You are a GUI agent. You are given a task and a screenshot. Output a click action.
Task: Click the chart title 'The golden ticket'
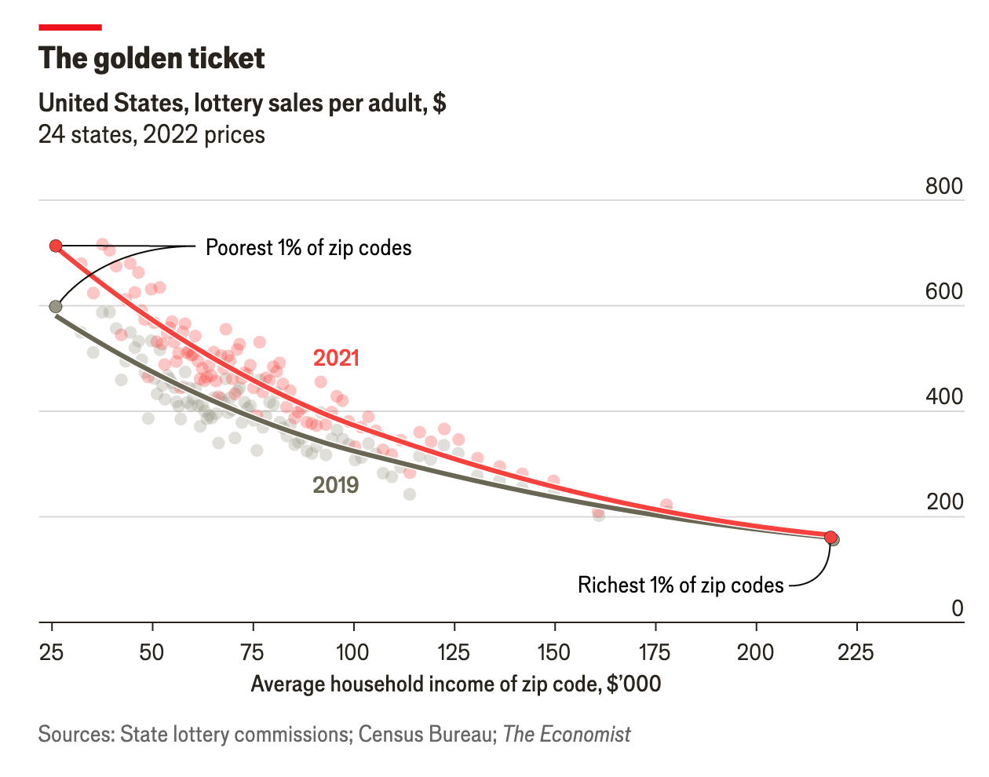point(151,59)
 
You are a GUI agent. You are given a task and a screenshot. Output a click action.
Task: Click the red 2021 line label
point(336,358)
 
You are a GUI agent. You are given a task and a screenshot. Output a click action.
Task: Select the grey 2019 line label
point(336,485)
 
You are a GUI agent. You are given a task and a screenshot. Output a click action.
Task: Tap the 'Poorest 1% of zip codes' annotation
point(308,248)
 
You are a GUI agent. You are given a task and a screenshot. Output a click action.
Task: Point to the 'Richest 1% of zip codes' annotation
point(681,585)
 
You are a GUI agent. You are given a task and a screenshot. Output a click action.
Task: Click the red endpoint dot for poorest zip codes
point(56,246)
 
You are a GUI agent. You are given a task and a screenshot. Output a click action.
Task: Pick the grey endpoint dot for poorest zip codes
point(56,306)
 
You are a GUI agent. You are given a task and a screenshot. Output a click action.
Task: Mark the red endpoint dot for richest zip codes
point(830,537)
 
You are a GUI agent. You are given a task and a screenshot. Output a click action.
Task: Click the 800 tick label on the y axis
point(943,186)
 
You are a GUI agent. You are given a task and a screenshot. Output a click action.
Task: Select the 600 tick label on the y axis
point(943,291)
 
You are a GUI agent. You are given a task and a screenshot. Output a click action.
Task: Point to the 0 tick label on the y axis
point(957,608)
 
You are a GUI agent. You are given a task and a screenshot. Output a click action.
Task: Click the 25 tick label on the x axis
point(52,652)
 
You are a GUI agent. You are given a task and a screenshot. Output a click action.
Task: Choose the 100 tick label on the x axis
point(353,652)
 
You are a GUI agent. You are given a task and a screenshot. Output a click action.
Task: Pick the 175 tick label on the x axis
point(655,652)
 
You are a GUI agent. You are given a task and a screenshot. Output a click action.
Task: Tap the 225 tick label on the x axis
point(856,652)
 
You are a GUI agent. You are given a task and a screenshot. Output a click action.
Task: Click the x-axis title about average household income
point(456,684)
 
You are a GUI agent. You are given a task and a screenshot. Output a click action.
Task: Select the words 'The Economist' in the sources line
point(567,735)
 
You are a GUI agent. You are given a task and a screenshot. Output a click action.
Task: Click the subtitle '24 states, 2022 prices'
point(151,135)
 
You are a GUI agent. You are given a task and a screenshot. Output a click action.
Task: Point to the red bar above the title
point(70,27)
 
